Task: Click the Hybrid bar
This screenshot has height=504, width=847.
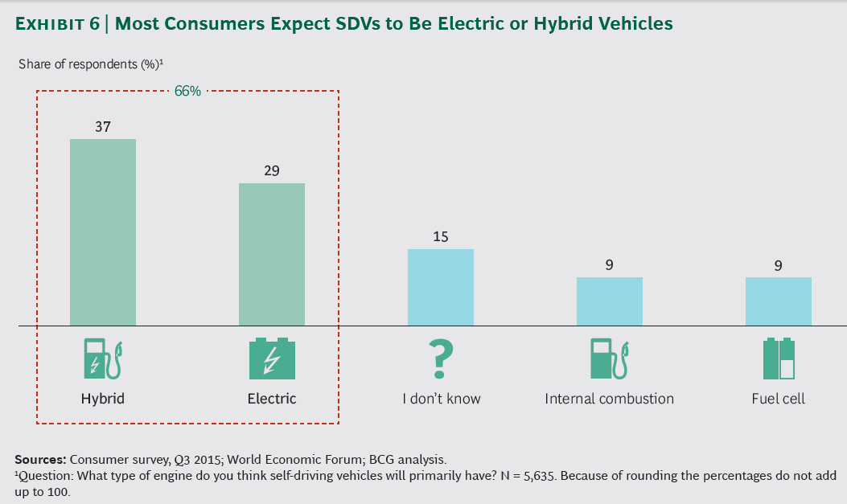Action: tap(103, 232)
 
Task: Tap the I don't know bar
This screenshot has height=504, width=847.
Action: tap(441, 287)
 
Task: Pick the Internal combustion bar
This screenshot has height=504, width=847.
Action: tap(609, 301)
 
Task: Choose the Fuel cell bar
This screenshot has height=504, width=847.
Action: tap(778, 301)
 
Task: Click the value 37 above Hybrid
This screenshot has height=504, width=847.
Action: tap(102, 127)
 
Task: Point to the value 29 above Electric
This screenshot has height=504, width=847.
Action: tap(272, 171)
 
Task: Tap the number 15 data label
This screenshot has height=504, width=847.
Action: tap(440, 237)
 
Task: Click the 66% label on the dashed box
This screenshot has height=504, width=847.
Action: tap(187, 91)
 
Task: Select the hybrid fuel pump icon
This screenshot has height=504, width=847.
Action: tap(103, 359)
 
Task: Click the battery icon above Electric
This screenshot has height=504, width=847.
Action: tap(272, 359)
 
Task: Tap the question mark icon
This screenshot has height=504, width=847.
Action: tap(442, 359)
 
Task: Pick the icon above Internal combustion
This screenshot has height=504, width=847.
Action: tap(609, 359)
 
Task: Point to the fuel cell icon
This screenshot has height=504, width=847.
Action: tap(778, 359)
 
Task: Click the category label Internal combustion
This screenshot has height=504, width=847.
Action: tap(609, 399)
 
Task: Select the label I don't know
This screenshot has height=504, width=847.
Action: tap(442, 399)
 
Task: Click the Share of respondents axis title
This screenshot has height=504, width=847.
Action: tap(91, 64)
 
